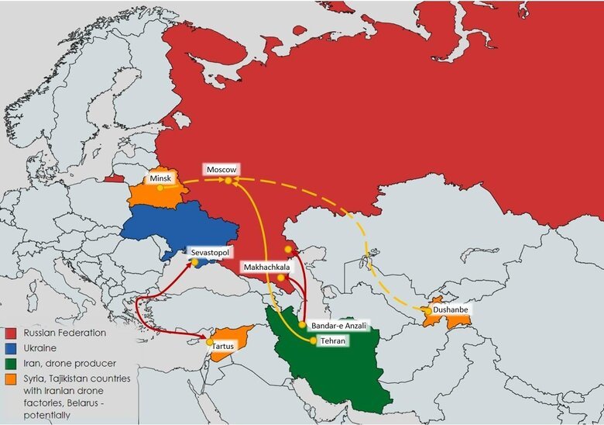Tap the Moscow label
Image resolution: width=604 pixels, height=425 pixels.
[221, 169]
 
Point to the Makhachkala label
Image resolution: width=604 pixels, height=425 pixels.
[266, 267]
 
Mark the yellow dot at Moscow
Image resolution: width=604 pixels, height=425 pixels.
[228, 181]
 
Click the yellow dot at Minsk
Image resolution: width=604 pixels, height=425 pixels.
[160, 187]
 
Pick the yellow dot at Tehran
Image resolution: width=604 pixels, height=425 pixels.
[314, 340]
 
